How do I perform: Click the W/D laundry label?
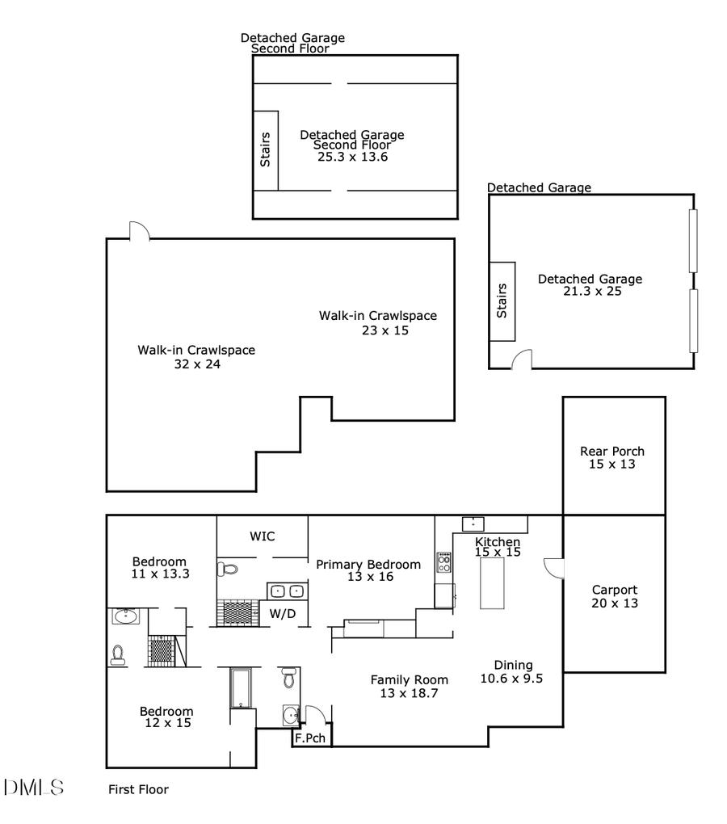pyautogui.click(x=282, y=613)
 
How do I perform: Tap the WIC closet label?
pyautogui.click(x=263, y=536)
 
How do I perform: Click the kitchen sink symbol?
pyautogui.click(x=472, y=523)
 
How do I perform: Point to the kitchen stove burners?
pyautogui.click(x=444, y=561)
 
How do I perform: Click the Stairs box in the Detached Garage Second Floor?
pyautogui.click(x=266, y=150)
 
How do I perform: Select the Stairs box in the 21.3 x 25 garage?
pyautogui.click(x=502, y=301)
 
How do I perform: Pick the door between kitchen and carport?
pyautogui.click(x=554, y=568)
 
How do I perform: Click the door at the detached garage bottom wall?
pyautogui.click(x=522, y=359)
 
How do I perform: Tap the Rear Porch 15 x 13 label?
pyautogui.click(x=612, y=457)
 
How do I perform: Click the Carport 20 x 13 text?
pyautogui.click(x=614, y=596)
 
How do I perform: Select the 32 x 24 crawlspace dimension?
pyautogui.click(x=197, y=364)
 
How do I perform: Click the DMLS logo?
pyautogui.click(x=34, y=788)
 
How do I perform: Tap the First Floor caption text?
pyautogui.click(x=138, y=789)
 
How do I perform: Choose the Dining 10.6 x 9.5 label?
pyautogui.click(x=511, y=672)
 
